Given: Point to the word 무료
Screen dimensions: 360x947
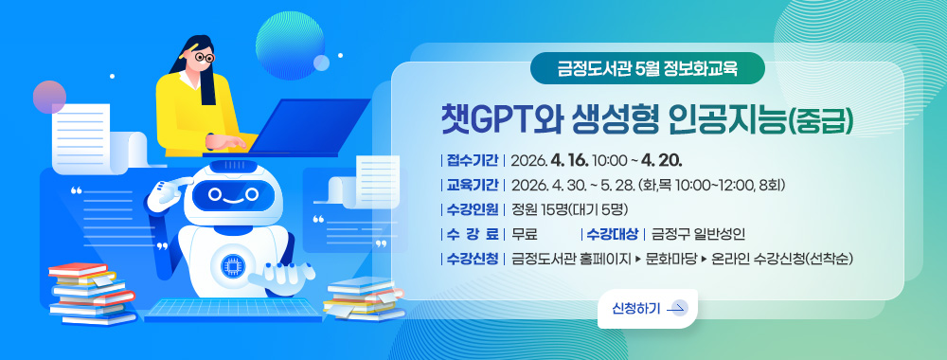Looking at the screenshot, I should point(525,234).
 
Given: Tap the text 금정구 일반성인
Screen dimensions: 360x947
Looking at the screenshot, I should point(699,234).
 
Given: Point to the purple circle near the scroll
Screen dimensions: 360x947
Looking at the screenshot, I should point(48,96).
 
